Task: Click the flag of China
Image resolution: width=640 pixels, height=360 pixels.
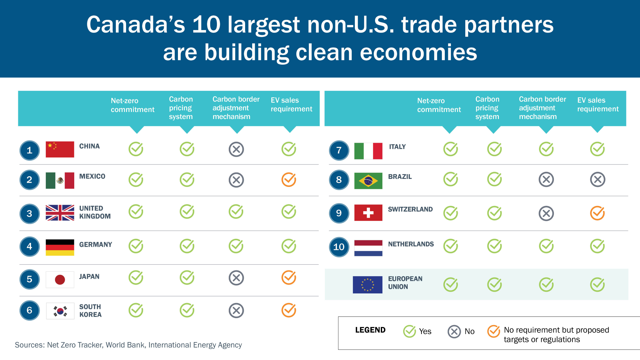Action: pos(60,149)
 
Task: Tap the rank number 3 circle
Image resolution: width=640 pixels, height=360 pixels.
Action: pos(29,213)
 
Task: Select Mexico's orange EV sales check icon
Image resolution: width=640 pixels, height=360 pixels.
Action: pos(289,180)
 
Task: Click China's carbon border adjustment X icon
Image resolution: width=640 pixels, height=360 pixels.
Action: pos(236,149)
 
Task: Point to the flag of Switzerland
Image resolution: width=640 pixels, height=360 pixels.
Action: pos(368,213)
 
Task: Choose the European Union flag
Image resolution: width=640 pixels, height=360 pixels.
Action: pos(367,284)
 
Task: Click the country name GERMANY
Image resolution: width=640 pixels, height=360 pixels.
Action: pos(96,245)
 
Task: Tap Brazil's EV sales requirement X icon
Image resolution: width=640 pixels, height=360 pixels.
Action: pos(597,180)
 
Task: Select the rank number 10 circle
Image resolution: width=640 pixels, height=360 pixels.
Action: pos(339,247)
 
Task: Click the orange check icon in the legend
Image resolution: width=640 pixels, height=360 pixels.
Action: pos(493,332)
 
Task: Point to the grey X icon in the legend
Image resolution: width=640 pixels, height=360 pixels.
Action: pos(454,332)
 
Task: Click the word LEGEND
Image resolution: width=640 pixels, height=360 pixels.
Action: pos(370,330)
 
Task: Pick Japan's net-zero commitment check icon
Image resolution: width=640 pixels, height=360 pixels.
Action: pos(136,278)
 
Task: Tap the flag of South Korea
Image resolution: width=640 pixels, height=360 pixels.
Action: pos(60,311)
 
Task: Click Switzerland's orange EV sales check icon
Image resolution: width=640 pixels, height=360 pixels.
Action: pos(597,213)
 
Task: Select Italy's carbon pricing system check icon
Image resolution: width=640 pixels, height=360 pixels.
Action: pos(494,149)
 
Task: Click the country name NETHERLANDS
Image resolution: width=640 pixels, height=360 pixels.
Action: pos(411,244)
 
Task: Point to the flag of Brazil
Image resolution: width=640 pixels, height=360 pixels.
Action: pos(368,181)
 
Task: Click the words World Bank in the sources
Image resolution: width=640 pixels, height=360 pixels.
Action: pos(125,345)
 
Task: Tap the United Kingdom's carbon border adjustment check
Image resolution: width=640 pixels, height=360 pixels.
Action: pos(236,212)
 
